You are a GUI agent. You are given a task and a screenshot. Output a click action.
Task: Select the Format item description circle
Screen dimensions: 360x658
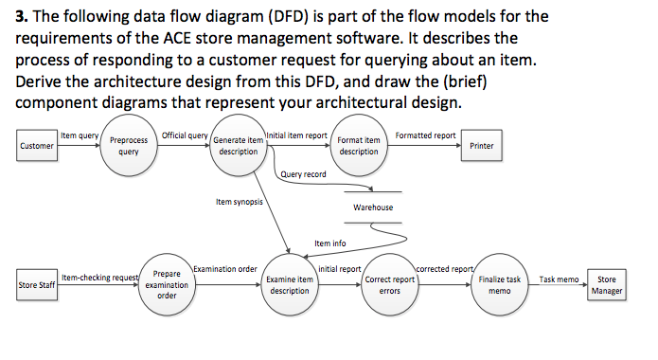[359, 147]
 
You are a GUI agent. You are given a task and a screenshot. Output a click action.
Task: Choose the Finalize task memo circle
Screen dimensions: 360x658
[499, 284]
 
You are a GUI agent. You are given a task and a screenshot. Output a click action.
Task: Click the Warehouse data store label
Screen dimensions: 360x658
[373, 207]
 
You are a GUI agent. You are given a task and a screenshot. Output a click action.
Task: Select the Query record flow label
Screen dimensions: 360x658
[304, 174]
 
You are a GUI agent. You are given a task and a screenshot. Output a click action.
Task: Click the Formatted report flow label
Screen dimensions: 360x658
[425, 135]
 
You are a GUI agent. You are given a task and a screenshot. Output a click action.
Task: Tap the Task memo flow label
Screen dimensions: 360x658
[559, 279]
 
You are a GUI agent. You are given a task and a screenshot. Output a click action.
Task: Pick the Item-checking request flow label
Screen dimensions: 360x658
[100, 277]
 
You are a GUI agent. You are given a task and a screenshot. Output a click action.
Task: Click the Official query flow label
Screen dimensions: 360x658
[186, 135]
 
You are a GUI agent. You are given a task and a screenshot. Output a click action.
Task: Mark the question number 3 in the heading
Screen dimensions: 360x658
[21, 17]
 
